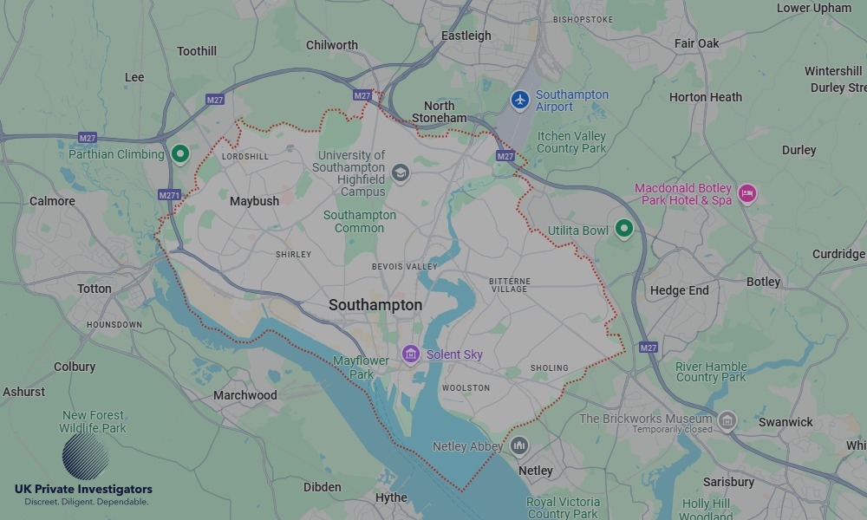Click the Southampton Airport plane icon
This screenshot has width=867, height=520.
(520, 101)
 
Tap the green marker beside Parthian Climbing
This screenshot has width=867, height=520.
(180, 154)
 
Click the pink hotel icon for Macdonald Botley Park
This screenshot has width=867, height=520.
(746, 193)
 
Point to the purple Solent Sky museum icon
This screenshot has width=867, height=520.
(411, 354)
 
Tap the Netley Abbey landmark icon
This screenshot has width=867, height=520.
(519, 446)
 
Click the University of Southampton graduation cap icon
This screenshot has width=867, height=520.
(400, 172)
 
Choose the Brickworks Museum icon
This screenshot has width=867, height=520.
(727, 421)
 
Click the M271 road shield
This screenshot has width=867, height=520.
(170, 195)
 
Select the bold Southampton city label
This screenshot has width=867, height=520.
(375, 305)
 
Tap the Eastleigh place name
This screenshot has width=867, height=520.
(466, 36)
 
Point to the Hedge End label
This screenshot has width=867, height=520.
(679, 291)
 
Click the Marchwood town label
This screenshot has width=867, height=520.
(245, 395)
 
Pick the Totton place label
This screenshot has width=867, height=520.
(95, 289)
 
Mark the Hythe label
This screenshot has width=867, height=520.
(391, 497)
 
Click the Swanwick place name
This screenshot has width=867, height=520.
(786, 422)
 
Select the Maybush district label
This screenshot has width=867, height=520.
(254, 201)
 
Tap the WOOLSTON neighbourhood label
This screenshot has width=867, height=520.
(466, 388)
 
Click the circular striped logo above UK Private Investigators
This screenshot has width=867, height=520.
(85, 457)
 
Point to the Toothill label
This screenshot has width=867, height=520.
(197, 51)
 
